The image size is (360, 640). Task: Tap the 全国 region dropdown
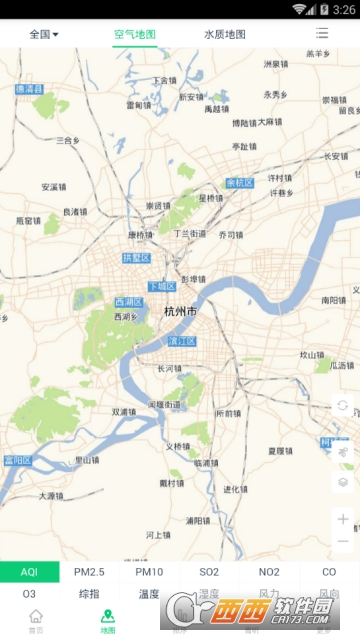[x=43, y=34]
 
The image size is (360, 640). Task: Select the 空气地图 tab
[x=134, y=34]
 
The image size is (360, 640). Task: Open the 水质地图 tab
[x=224, y=34]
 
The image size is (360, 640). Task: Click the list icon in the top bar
[x=322, y=34]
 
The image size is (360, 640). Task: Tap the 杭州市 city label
[x=180, y=312]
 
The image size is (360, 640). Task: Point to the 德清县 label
[x=29, y=89]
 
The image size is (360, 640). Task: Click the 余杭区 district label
[x=240, y=183]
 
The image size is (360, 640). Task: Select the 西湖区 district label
[x=129, y=302]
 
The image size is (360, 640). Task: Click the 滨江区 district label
[x=180, y=342]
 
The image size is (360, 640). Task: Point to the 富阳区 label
[x=18, y=460]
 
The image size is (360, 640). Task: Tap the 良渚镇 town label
[x=75, y=211]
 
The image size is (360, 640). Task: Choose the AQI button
[x=29, y=572]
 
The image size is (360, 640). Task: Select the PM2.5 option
[x=89, y=572]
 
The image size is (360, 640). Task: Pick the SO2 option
[x=209, y=572]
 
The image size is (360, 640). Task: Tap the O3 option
[x=29, y=594]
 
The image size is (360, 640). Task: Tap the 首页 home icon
[x=36, y=621]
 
